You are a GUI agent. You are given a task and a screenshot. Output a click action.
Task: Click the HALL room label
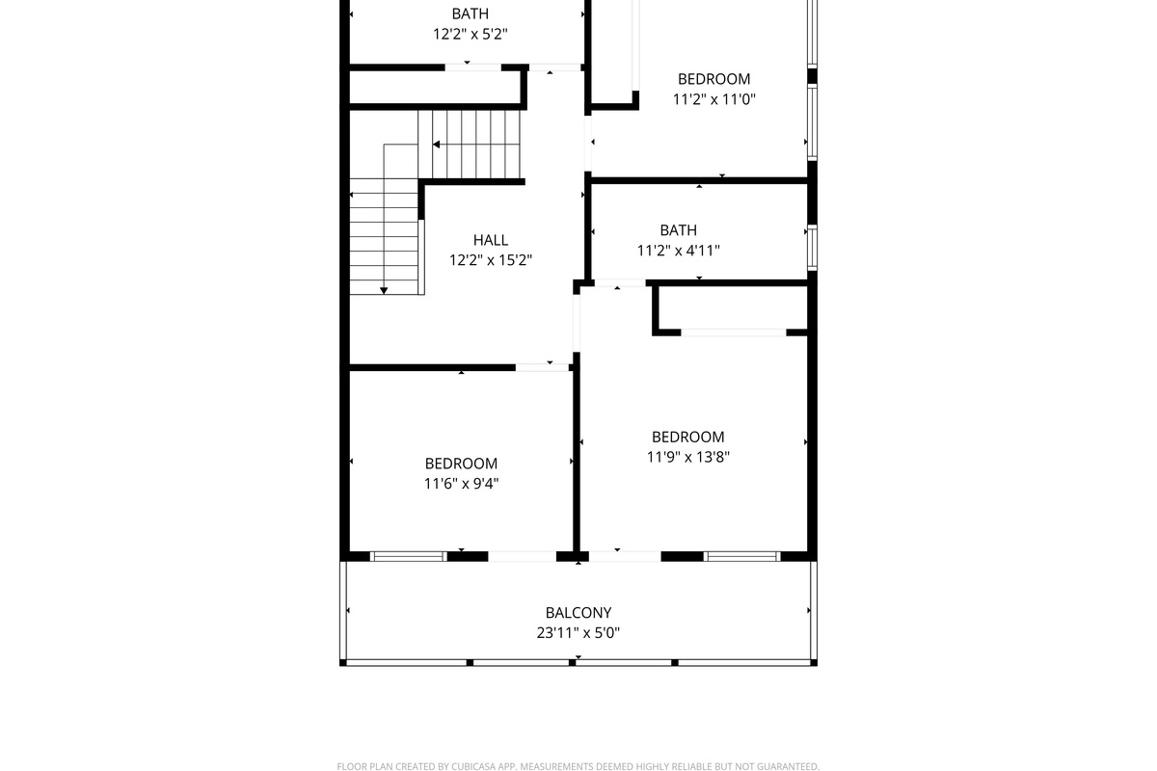click(490, 240)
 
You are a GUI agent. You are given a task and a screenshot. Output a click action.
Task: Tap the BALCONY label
click(578, 613)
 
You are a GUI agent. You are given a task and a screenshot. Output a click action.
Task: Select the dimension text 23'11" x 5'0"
click(578, 633)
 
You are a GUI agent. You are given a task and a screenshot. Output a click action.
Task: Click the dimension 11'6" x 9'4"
click(461, 484)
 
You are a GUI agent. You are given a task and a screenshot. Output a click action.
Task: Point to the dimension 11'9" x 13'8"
click(688, 457)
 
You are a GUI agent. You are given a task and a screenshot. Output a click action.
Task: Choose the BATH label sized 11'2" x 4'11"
click(678, 230)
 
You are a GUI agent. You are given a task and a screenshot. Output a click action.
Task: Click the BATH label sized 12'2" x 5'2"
click(471, 13)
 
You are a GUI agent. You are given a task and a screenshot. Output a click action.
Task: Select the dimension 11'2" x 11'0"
click(713, 99)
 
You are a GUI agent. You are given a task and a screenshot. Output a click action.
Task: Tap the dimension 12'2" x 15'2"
click(490, 260)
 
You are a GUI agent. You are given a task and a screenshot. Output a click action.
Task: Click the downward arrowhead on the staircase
click(384, 291)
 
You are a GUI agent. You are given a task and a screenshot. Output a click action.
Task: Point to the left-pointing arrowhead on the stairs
click(437, 145)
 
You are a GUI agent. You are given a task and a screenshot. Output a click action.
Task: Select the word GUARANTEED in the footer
click(789, 767)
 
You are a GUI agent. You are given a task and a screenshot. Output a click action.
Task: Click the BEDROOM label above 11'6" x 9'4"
click(461, 464)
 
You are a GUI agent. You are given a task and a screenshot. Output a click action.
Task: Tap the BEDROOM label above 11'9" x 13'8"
click(688, 438)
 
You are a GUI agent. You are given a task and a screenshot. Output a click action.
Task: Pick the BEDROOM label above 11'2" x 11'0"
click(713, 80)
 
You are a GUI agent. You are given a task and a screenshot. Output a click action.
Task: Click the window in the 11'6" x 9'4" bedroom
click(408, 557)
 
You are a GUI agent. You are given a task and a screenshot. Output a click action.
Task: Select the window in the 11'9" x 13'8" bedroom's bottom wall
click(741, 557)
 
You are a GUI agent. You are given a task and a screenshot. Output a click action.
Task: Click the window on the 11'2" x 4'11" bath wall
click(813, 248)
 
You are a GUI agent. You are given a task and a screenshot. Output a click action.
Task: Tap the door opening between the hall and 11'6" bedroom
click(542, 368)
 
